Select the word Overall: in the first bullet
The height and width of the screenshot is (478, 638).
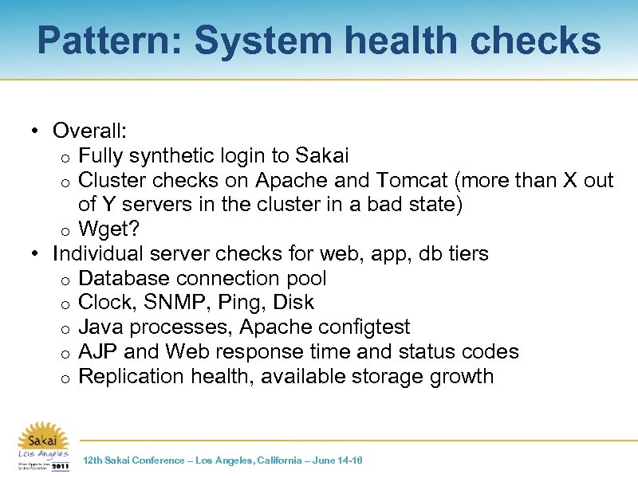pyautogui.click(x=90, y=131)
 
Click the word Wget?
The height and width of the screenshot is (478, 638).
pyautogui.click(x=109, y=229)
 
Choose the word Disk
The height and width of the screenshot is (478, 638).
pyautogui.click(x=293, y=304)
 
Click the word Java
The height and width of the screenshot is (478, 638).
pyautogui.click(x=101, y=327)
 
